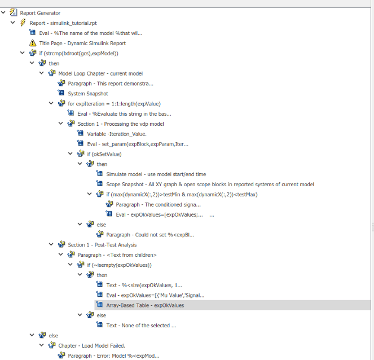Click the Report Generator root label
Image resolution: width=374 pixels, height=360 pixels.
point(40,13)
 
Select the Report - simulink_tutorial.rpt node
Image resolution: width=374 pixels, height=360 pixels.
point(63,23)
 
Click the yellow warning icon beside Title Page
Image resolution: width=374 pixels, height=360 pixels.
point(33,43)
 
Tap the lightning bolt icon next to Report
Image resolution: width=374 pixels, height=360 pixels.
point(23,23)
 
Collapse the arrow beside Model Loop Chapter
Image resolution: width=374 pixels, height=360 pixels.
point(42,73)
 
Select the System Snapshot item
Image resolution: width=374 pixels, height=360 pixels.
point(88,94)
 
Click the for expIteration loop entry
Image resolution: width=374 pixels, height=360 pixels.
point(115,104)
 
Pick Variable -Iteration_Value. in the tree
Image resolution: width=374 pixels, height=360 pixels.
point(117,134)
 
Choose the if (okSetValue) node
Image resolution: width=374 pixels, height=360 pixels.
point(104,154)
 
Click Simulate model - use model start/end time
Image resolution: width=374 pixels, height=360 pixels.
point(156,174)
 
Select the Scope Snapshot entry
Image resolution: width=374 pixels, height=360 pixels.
point(210,185)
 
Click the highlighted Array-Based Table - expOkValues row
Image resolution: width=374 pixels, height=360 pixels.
point(145,305)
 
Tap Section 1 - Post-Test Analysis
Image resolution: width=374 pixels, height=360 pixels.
point(102,245)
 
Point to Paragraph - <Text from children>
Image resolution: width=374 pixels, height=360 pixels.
point(117,255)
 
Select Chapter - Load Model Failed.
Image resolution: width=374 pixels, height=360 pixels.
point(91,346)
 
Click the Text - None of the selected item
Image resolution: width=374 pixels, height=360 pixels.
point(141,326)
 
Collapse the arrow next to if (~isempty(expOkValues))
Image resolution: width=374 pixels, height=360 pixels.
point(71,265)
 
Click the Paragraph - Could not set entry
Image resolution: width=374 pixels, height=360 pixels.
point(150,235)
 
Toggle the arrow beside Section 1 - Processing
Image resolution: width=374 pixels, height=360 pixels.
point(61,124)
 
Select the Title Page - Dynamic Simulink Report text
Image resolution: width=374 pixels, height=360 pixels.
point(82,43)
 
